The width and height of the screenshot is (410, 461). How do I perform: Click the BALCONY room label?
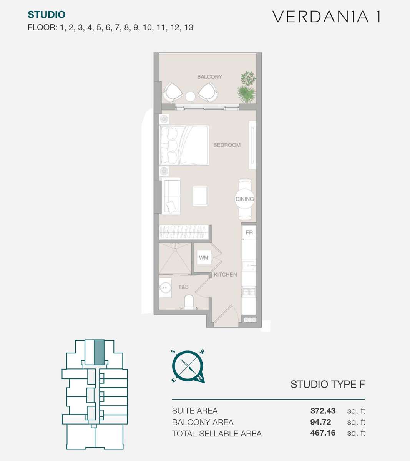coord(209,77)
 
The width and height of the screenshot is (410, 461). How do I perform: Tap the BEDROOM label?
coord(227,145)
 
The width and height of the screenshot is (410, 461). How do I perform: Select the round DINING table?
coord(245,199)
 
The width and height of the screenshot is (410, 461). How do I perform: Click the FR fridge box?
coord(249,232)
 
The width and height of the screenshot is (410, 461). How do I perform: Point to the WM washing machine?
coord(204,257)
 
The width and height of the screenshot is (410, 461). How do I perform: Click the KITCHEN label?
coord(226,275)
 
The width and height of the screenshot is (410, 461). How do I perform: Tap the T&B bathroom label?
coord(183,287)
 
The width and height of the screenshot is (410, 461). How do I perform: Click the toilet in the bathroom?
coord(189,302)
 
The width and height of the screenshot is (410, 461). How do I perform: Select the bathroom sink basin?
coord(165,288)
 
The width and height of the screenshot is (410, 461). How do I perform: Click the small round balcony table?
coord(190,97)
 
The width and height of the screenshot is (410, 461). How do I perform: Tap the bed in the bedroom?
coord(184,145)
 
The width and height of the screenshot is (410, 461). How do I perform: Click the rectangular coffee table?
coord(200,196)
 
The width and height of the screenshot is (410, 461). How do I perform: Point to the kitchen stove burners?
coord(249,292)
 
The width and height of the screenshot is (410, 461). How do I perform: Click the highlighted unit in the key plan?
coord(99,352)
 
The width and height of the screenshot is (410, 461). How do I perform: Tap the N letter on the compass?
coord(200,378)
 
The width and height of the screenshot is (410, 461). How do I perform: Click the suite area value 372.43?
coord(323,411)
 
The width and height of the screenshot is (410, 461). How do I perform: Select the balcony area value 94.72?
coord(320,422)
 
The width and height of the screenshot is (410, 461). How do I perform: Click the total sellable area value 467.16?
coord(323,433)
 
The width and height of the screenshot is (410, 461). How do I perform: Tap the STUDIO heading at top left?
coord(46,15)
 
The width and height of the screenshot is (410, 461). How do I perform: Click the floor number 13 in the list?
coord(189,28)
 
